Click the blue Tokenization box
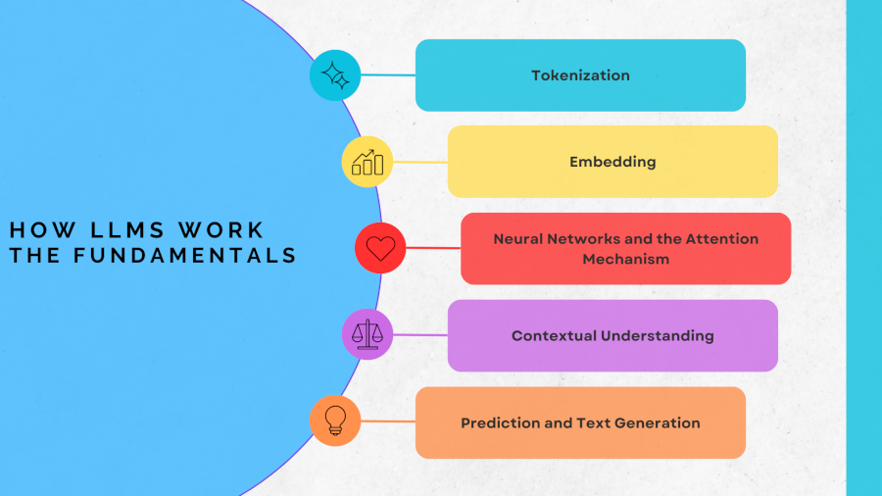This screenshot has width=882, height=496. click(580, 75)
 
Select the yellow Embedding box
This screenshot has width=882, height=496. click(612, 162)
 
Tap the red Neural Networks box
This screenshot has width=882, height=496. click(625, 249)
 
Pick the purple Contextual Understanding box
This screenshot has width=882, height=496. click(612, 335)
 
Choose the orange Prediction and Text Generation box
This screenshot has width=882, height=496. click(580, 422)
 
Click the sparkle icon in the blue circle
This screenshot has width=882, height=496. click(335, 75)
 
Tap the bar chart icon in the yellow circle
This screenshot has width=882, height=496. click(367, 162)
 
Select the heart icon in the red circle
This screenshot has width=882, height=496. click(380, 249)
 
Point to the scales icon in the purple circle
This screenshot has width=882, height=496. click(367, 334)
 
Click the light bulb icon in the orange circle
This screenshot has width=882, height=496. click(335, 421)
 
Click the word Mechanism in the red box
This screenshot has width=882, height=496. click(625, 260)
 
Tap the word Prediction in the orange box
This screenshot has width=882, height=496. click(497, 422)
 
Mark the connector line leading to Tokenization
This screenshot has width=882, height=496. click(388, 75)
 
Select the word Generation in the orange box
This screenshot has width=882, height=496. click(659, 422)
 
